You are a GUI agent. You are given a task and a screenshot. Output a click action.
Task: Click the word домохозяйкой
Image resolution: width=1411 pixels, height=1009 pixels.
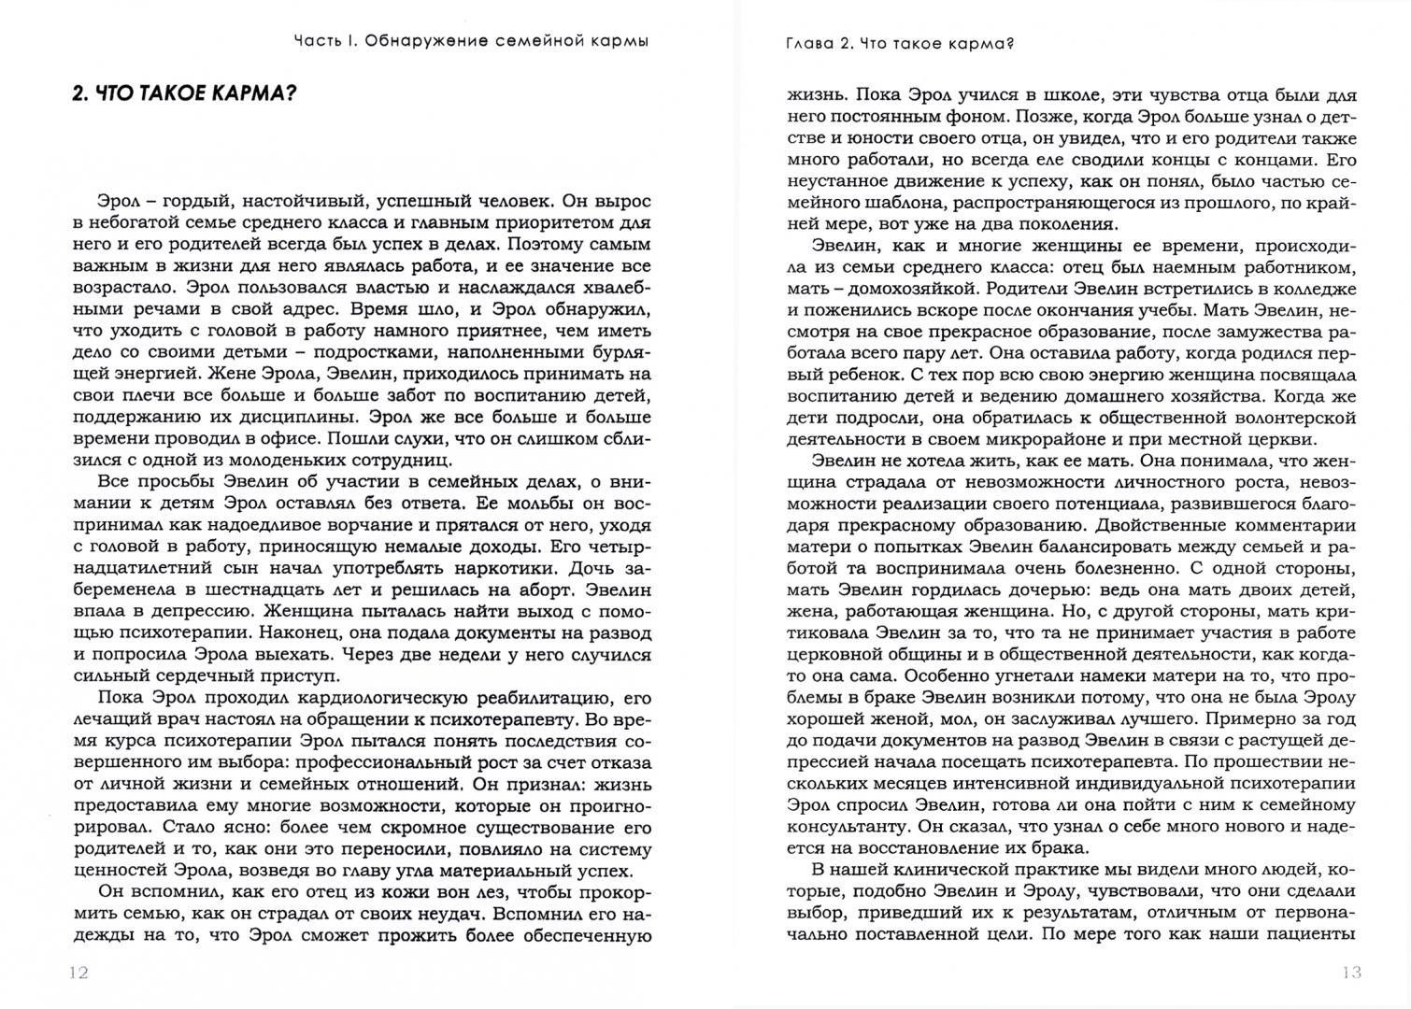point(935,290)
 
